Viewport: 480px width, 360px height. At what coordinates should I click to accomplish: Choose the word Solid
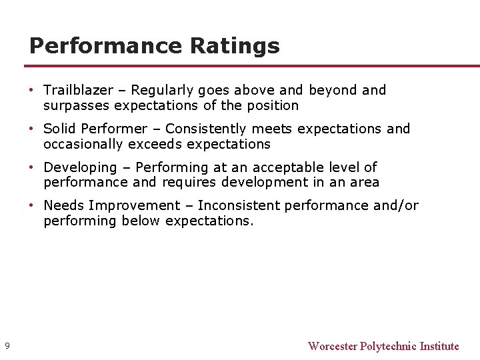59,129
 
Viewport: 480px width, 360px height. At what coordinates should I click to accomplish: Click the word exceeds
161,144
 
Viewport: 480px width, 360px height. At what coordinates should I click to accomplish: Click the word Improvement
134,206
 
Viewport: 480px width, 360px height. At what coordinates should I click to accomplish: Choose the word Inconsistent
239,206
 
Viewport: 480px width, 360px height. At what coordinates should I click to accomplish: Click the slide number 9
7,345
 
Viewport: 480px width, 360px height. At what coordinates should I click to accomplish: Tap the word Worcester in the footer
333,346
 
